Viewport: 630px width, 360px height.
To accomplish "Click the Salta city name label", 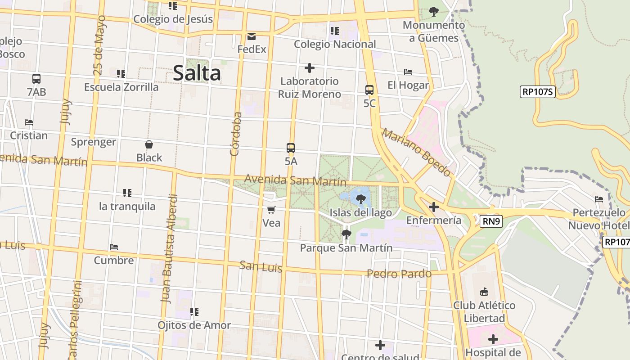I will coord(197,73).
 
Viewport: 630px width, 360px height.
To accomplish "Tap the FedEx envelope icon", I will coord(252,36).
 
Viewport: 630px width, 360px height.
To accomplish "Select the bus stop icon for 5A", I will coord(291,148).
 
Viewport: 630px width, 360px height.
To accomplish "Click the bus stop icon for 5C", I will coord(369,90).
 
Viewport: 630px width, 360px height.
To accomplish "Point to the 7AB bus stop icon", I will coord(36,78).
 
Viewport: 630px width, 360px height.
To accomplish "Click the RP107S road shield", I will coord(538,92).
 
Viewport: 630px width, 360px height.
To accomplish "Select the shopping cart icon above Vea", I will coord(271,210).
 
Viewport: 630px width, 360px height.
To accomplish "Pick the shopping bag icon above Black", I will coord(149,144).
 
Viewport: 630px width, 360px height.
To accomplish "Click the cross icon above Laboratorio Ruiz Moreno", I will coord(310,68).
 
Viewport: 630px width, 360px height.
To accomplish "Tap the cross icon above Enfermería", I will coord(434,207).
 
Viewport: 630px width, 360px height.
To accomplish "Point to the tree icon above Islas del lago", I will coord(360,199).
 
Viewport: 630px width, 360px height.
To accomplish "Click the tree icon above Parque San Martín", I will coord(346,234).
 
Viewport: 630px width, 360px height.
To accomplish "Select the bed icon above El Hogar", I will coord(408,72).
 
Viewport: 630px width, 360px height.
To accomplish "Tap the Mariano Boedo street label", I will coord(416,152).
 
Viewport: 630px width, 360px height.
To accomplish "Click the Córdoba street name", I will coord(236,134).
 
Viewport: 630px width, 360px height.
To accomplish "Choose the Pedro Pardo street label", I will coord(399,274).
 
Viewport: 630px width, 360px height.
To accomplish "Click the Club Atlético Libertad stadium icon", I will coord(484,292).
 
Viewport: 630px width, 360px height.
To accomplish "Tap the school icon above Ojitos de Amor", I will coord(194,311).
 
